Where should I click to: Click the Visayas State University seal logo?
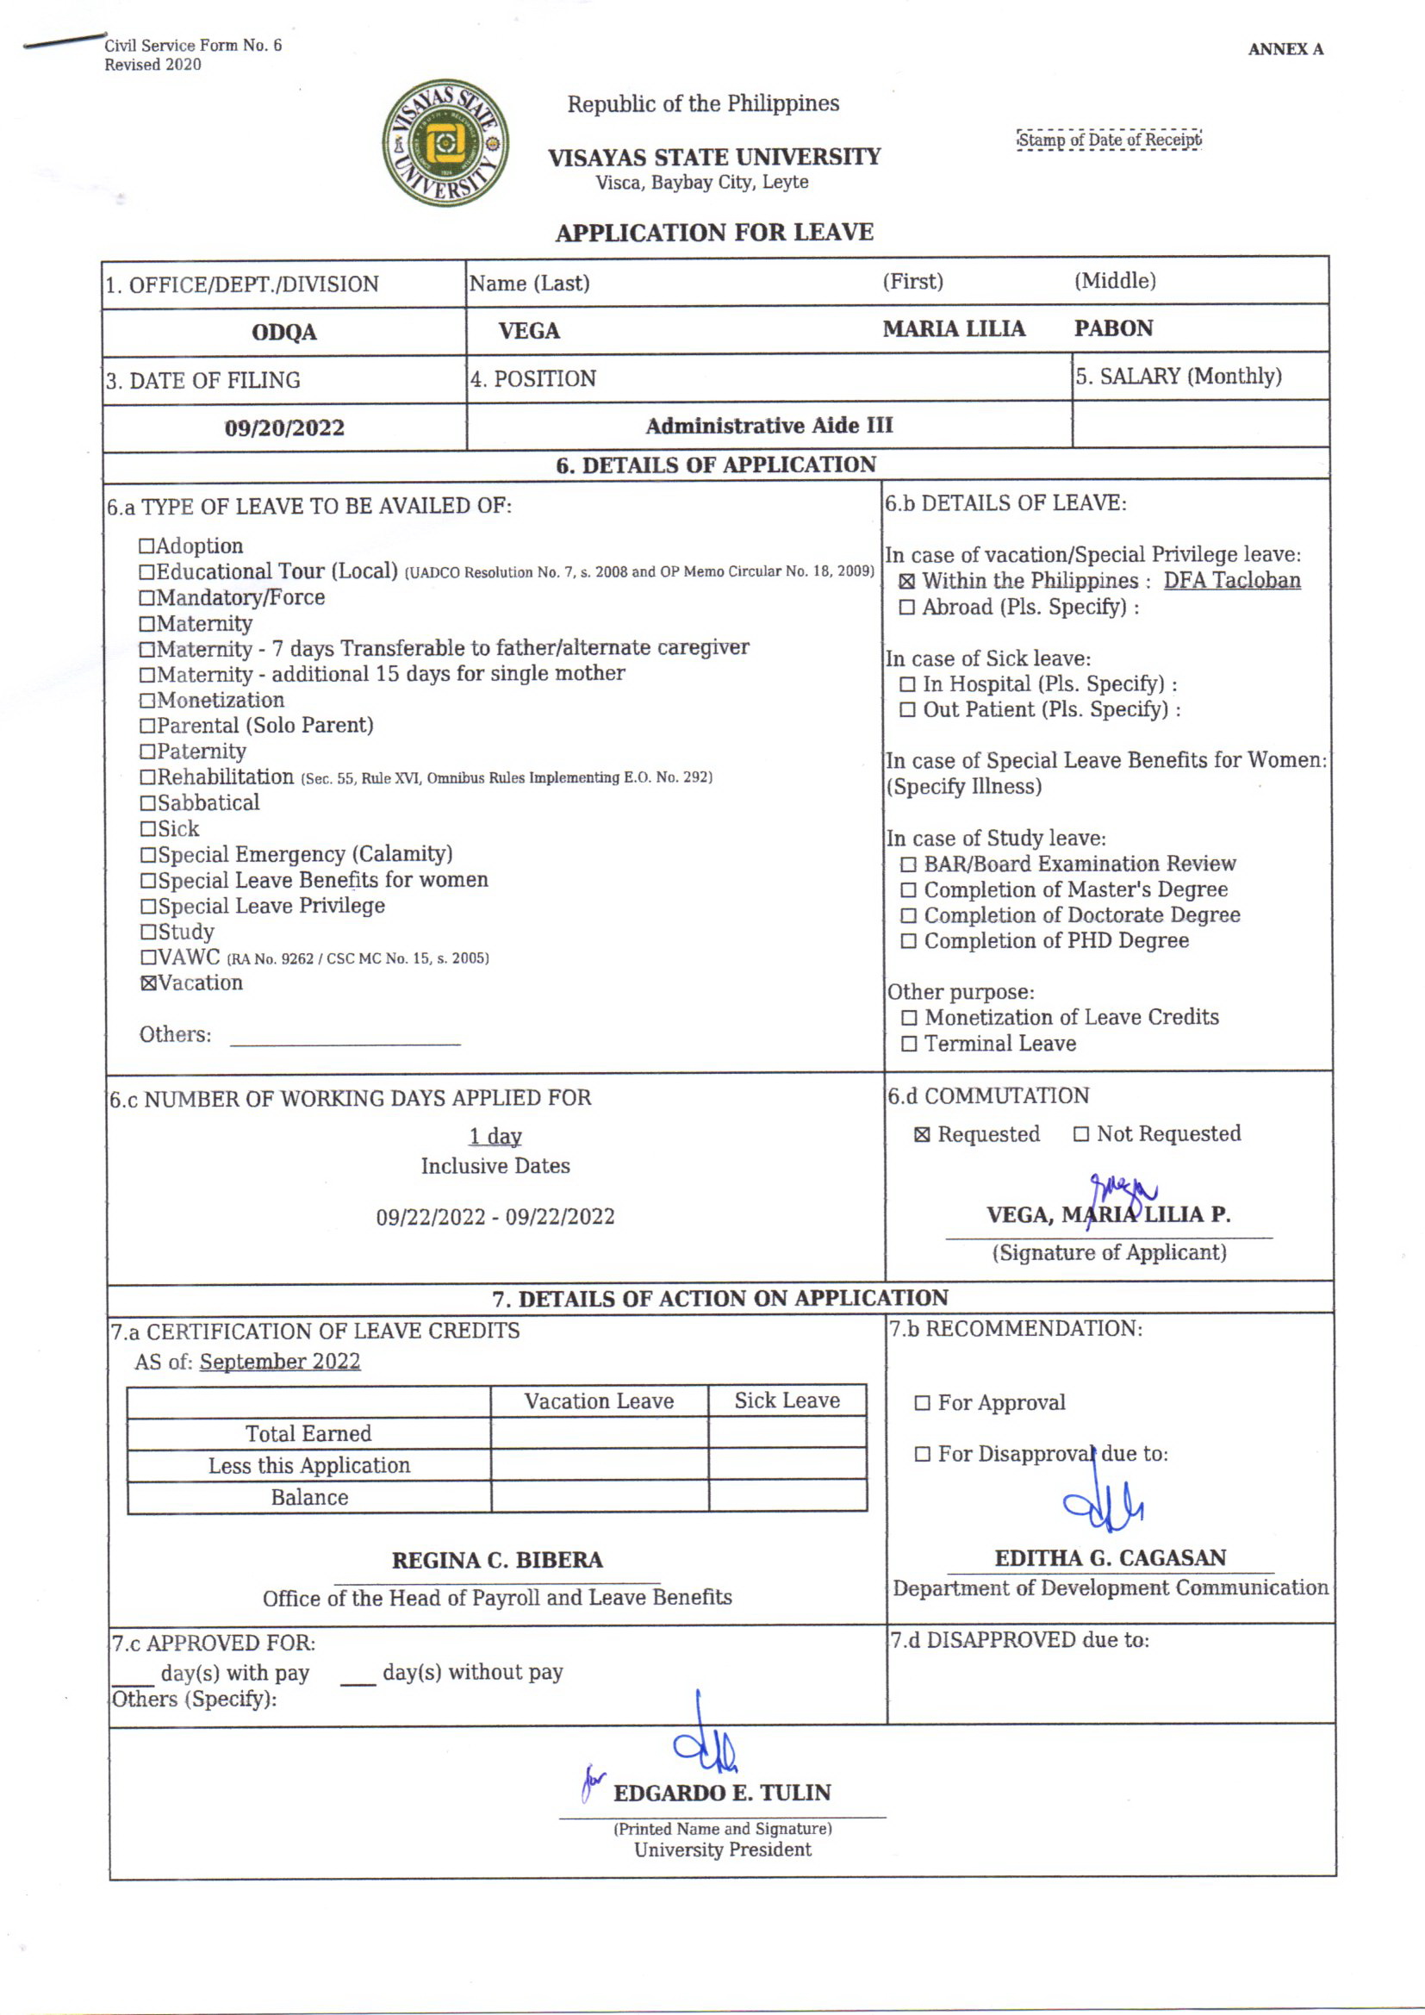(x=445, y=143)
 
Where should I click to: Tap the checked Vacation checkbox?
(x=148, y=984)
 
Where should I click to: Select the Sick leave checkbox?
(x=148, y=829)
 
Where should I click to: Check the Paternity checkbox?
(x=148, y=752)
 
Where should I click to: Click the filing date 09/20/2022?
(x=284, y=428)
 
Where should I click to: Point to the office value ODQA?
(x=283, y=333)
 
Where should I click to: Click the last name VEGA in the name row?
(x=528, y=331)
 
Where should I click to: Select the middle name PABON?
(x=1112, y=328)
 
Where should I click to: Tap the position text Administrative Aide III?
(x=769, y=426)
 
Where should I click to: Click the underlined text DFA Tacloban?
(x=1231, y=581)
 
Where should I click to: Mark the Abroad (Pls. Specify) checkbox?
(x=907, y=608)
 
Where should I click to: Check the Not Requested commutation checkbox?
(x=1081, y=1135)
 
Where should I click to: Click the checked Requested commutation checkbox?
(x=922, y=1135)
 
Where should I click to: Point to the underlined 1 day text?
(x=495, y=1137)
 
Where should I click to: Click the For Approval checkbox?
(x=922, y=1403)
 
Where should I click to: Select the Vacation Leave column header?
(x=600, y=1401)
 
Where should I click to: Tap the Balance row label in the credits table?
(x=309, y=1497)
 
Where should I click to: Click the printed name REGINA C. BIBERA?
(x=496, y=1561)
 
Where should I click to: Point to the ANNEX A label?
(x=1285, y=49)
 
